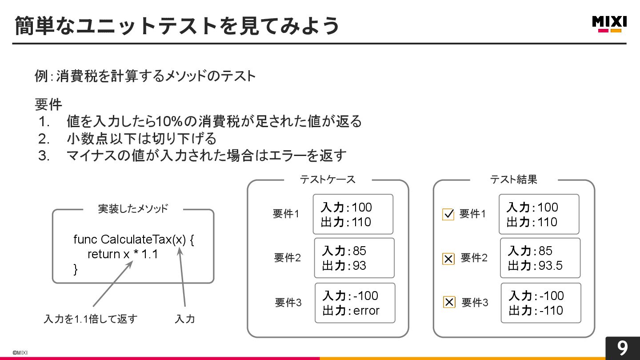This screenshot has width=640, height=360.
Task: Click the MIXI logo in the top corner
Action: [x=609, y=24]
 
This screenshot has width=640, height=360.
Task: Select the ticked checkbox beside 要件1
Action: [x=448, y=215]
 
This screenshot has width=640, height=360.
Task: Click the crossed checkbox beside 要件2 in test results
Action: [x=448, y=259]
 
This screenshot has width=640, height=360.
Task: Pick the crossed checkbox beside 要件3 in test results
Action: [x=449, y=303]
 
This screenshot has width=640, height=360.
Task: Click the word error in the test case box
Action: [x=366, y=311]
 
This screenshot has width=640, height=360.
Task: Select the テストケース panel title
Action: [x=328, y=180]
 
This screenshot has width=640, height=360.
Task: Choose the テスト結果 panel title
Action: [x=513, y=180]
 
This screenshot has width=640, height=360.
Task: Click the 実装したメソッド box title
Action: [x=133, y=209]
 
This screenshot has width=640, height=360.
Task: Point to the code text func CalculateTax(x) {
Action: [x=134, y=240]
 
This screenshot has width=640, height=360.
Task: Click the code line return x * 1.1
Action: [x=123, y=254]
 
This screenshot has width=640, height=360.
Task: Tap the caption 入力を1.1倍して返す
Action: [x=91, y=319]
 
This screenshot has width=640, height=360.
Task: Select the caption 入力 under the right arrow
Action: [x=185, y=319]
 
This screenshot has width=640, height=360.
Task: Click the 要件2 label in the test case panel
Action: [x=287, y=258]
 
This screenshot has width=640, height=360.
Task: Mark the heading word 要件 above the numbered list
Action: [x=48, y=105]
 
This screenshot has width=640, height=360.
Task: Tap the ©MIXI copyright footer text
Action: [x=20, y=352]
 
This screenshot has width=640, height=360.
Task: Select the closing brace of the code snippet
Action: [x=76, y=269]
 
